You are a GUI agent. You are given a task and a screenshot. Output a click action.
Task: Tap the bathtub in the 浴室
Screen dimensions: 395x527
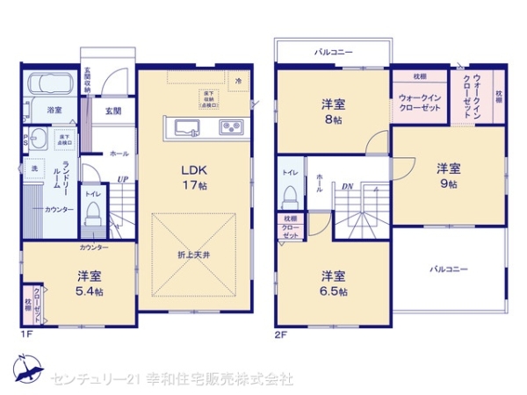tap(50, 84)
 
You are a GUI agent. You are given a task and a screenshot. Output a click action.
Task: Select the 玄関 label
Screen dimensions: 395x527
tap(113, 111)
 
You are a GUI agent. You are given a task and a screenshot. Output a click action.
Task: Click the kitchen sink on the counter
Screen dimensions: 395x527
tap(187, 128)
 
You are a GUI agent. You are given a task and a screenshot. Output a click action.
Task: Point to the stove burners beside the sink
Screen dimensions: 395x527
tap(232, 128)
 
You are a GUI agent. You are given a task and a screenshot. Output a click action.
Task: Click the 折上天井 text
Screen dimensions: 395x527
tap(194, 255)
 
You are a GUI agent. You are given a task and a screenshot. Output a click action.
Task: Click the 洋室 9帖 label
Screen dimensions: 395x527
tap(449, 176)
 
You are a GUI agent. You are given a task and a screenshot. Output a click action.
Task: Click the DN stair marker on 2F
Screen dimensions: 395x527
tap(348, 185)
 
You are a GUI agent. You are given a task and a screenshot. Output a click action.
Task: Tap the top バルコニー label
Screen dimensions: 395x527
tap(334, 53)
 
